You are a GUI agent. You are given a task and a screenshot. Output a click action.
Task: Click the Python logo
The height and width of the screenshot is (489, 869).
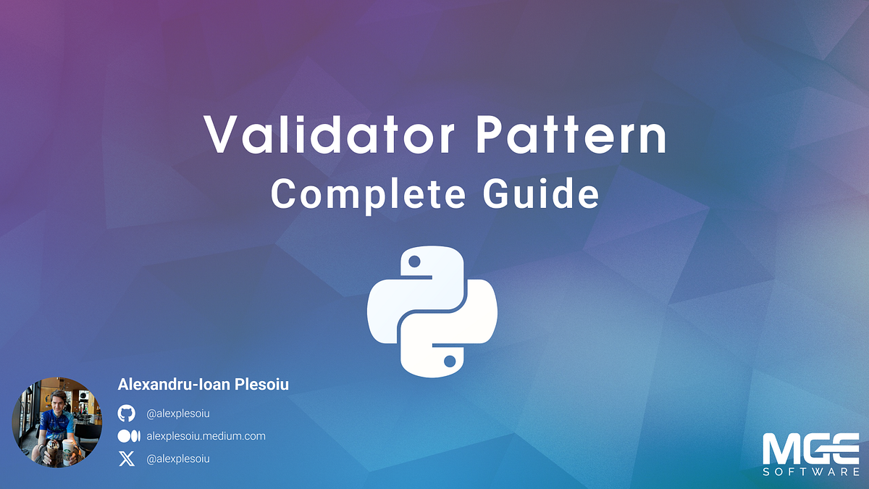pyautogui.click(x=432, y=311)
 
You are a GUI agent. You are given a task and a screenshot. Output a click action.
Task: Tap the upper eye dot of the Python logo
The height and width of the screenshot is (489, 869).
pyautogui.click(x=414, y=261)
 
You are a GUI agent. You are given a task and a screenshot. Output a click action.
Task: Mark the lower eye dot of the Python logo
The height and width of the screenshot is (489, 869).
pyautogui.click(x=450, y=360)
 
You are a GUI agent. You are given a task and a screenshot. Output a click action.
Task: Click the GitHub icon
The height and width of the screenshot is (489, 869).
pyautogui.click(x=126, y=413)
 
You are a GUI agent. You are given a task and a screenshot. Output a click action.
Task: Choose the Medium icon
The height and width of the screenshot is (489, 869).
pyautogui.click(x=128, y=436)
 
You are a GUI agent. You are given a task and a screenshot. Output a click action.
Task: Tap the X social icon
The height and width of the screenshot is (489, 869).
pyautogui.click(x=126, y=459)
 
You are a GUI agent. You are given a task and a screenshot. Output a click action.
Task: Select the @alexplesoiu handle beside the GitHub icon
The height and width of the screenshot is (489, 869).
pyautogui.click(x=178, y=413)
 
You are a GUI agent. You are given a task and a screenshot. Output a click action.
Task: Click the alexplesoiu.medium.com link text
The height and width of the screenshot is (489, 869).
pyautogui.click(x=206, y=436)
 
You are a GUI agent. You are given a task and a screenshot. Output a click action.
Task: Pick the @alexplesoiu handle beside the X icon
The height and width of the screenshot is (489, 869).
pyautogui.click(x=178, y=459)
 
